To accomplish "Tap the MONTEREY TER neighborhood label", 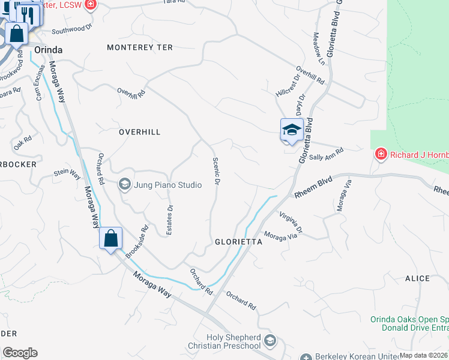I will click(x=139, y=47).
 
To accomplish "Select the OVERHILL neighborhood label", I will click(x=139, y=132).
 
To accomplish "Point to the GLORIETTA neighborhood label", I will click(x=239, y=242).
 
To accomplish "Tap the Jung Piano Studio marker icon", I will click(x=125, y=184).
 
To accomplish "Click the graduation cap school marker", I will click(x=291, y=130).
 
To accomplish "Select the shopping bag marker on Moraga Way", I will click(x=111, y=239).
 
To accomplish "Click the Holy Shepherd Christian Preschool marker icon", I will click(x=270, y=341).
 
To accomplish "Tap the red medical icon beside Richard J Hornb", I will click(x=381, y=155).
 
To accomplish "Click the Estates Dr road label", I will click(x=170, y=217).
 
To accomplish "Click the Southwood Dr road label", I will click(x=72, y=29).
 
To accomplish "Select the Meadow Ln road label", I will click(x=318, y=53).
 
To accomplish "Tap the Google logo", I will click(x=20, y=352).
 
